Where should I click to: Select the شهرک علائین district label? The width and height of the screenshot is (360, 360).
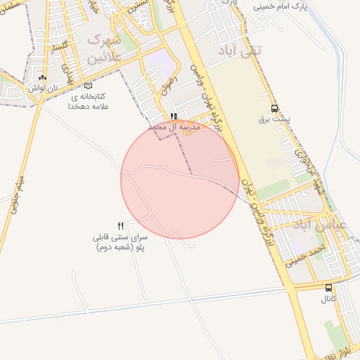coord(105,50)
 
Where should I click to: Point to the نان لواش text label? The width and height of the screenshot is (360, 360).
coord(42,89)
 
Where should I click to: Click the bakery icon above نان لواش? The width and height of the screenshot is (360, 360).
coord(43,78)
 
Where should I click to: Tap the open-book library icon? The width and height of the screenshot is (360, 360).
coord(88,85)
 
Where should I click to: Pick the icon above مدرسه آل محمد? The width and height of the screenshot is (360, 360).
coord(174,117)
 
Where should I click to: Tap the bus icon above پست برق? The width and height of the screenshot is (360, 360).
coord(274,109)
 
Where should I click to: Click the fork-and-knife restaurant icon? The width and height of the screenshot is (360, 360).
coord(121,226)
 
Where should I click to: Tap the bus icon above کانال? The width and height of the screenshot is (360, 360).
coord(329,288)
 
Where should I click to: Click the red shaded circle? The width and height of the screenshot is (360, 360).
coord(180,180)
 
